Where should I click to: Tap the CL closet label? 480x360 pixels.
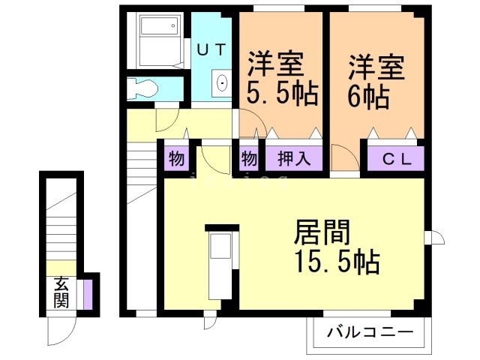click(x=394, y=159)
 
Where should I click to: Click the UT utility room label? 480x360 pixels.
click(x=211, y=49)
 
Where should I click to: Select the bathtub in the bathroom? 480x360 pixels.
click(x=159, y=38)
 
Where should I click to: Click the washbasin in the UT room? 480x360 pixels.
click(x=223, y=84)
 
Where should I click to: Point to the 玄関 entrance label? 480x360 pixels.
click(x=61, y=292)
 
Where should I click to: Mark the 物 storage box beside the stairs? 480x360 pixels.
click(x=176, y=159)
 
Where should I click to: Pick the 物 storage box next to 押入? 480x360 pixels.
click(x=249, y=159)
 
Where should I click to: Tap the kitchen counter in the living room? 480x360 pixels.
click(x=220, y=265)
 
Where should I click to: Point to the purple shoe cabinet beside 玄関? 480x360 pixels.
click(x=88, y=292)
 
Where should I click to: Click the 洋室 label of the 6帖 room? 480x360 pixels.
click(x=376, y=67)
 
